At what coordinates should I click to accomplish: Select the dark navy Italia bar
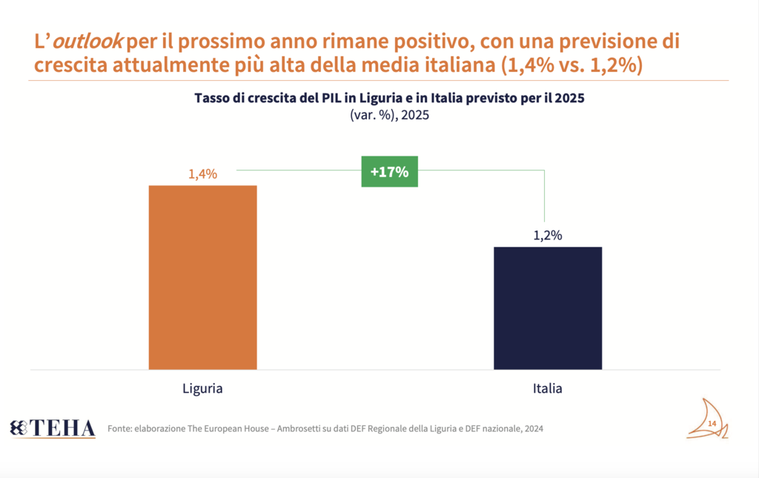coord(548,308)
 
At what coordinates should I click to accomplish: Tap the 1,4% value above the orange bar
coord(202,175)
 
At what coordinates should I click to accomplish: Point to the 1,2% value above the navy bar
coord(548,236)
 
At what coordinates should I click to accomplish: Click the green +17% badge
coord(390,172)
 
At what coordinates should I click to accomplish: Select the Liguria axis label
coord(202,388)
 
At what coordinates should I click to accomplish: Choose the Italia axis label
coord(548,388)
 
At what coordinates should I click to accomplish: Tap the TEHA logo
coord(53,428)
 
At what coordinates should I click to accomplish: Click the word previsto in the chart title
coord(485,99)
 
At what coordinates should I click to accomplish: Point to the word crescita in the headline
coord(70,65)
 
